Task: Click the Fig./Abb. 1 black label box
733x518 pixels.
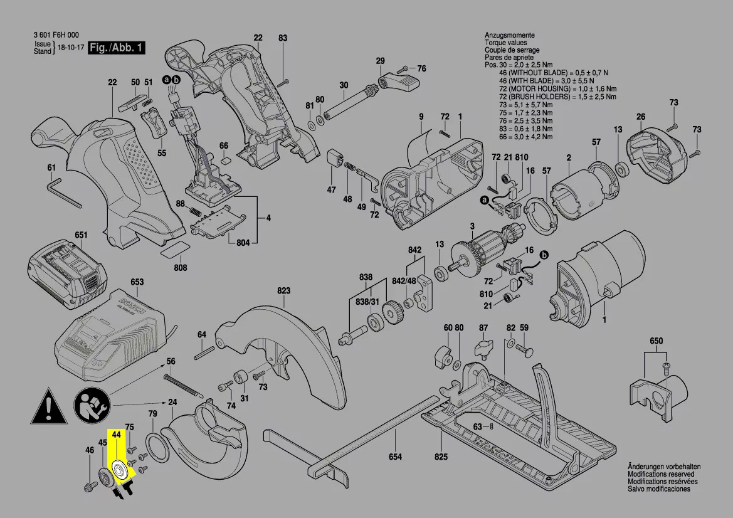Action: [116, 48]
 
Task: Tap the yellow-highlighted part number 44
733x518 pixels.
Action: [116, 434]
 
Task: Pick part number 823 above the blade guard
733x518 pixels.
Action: [284, 291]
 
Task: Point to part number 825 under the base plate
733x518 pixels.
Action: [441, 457]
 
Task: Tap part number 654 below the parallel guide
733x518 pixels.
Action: [394, 457]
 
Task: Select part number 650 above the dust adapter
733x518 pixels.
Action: [656, 341]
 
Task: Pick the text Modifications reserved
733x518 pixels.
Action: [661, 475]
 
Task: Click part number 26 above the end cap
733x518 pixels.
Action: [640, 117]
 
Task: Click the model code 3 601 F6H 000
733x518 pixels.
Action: [56, 36]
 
